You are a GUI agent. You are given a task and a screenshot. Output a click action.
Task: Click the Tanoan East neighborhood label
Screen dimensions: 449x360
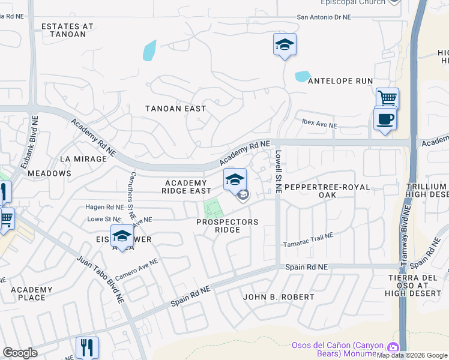176,109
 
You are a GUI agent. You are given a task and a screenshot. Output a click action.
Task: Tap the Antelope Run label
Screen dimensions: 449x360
340,81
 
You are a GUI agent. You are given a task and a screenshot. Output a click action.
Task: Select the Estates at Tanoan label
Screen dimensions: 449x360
67,31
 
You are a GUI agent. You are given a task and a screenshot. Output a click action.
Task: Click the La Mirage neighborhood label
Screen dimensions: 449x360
88,159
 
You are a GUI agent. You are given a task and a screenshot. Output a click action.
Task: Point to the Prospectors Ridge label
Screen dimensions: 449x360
228,226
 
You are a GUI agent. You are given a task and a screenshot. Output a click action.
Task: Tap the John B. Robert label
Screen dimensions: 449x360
278,297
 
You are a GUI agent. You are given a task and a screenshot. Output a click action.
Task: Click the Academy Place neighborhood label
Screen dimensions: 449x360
32,293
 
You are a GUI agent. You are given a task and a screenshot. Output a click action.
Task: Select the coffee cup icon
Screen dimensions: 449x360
385,118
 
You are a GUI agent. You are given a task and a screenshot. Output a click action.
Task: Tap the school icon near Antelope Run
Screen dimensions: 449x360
285,44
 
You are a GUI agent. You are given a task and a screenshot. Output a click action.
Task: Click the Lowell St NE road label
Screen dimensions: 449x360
278,171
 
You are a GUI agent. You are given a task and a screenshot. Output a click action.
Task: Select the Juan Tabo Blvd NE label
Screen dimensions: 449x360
100,279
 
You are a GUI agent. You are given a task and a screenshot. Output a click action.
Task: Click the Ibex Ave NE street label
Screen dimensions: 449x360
319,126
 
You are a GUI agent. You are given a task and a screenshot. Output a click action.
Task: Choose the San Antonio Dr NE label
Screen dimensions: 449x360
324,17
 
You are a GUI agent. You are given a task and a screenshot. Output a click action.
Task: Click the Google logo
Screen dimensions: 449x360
20,353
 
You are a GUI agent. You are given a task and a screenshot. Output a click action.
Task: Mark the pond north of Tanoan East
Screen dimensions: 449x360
149,50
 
